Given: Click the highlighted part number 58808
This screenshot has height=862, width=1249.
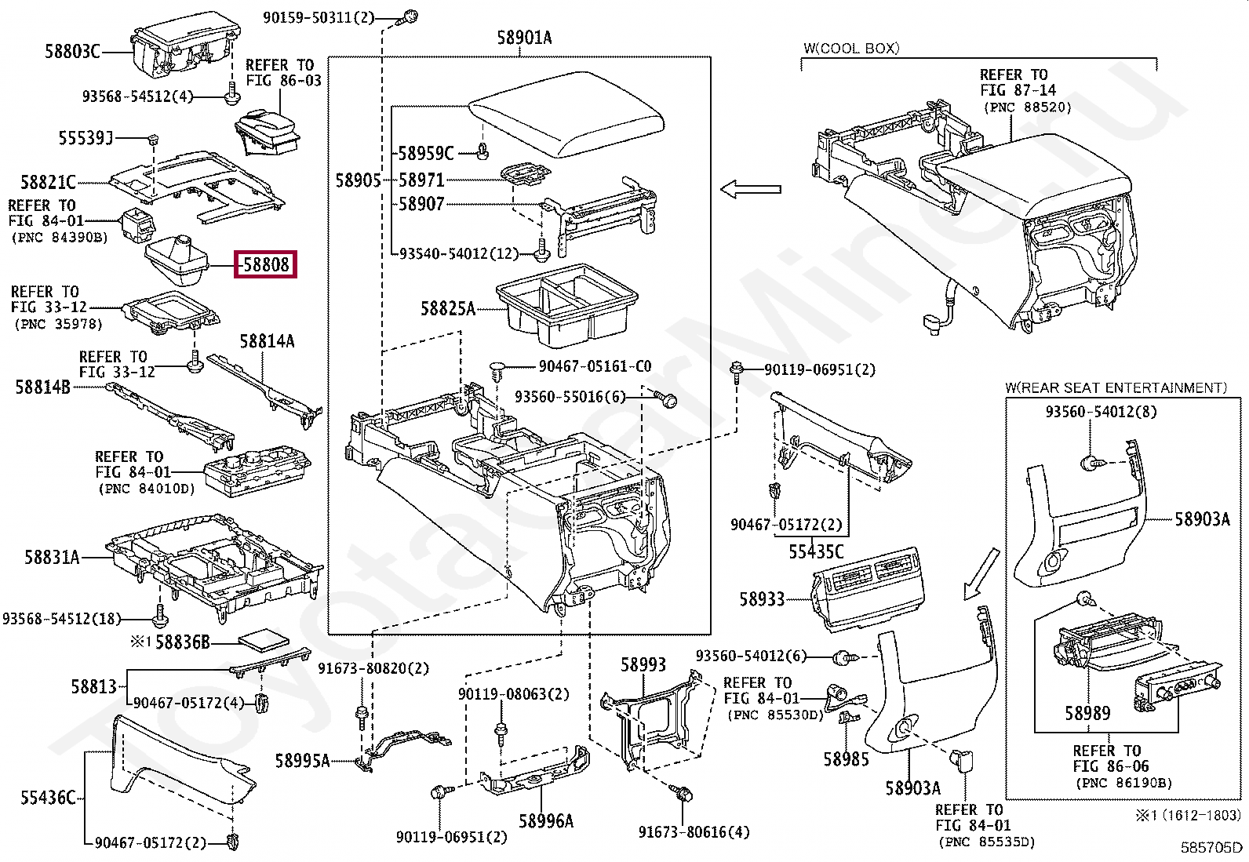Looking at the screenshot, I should (266, 265).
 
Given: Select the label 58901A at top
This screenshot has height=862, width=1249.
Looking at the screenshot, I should (524, 38).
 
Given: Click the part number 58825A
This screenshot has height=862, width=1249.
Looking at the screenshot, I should (448, 309).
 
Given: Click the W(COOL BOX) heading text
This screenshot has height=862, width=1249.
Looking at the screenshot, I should (851, 48).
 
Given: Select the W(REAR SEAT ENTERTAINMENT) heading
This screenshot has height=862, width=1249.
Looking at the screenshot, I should (1115, 387).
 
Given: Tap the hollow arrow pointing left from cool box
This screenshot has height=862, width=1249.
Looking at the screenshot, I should (751, 189).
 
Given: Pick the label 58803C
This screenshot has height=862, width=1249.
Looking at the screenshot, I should (72, 52).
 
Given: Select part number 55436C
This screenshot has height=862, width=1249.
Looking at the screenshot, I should (48, 798).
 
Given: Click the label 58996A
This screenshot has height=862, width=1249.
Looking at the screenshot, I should (546, 821).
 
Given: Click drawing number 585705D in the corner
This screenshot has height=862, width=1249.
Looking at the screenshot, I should (1212, 847).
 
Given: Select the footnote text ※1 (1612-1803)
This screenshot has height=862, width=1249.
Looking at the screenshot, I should (1189, 816).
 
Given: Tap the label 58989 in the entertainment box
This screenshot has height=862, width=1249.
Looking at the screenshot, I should (1087, 713).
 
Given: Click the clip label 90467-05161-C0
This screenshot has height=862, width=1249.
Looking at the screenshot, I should (595, 366).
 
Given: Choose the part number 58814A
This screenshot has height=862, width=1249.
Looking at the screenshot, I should (267, 341).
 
